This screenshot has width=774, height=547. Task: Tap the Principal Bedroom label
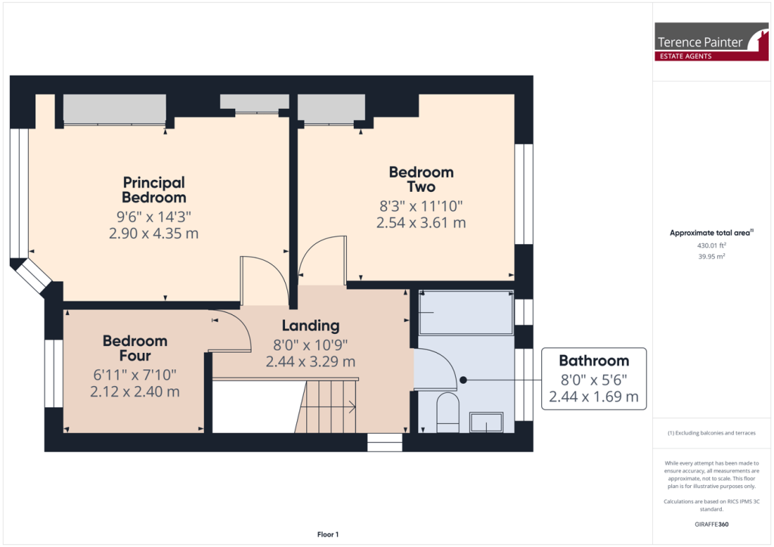pyautogui.click(x=154, y=190)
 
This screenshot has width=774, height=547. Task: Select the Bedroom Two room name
pyautogui.click(x=421, y=180)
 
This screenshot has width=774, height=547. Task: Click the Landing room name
pyautogui.click(x=311, y=326)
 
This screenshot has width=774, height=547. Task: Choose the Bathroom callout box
pyautogui.click(x=593, y=379)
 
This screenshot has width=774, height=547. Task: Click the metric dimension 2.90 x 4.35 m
pyautogui.click(x=154, y=233)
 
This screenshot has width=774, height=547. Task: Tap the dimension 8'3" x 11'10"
pyautogui.click(x=420, y=206)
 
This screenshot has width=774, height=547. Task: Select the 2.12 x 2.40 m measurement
pyautogui.click(x=135, y=391)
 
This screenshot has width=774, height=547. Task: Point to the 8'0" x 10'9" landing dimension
pyautogui.click(x=311, y=345)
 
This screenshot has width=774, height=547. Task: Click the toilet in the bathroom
pyautogui.click(x=447, y=412)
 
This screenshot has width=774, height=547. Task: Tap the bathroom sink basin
pyautogui.click(x=487, y=422)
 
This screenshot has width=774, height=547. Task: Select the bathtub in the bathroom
pyautogui.click(x=464, y=312)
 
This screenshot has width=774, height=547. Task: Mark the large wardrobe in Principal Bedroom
pyautogui.click(x=114, y=109)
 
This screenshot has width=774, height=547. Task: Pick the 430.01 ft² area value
pyautogui.click(x=711, y=245)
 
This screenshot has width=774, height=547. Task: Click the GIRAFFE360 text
pyautogui.click(x=711, y=524)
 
